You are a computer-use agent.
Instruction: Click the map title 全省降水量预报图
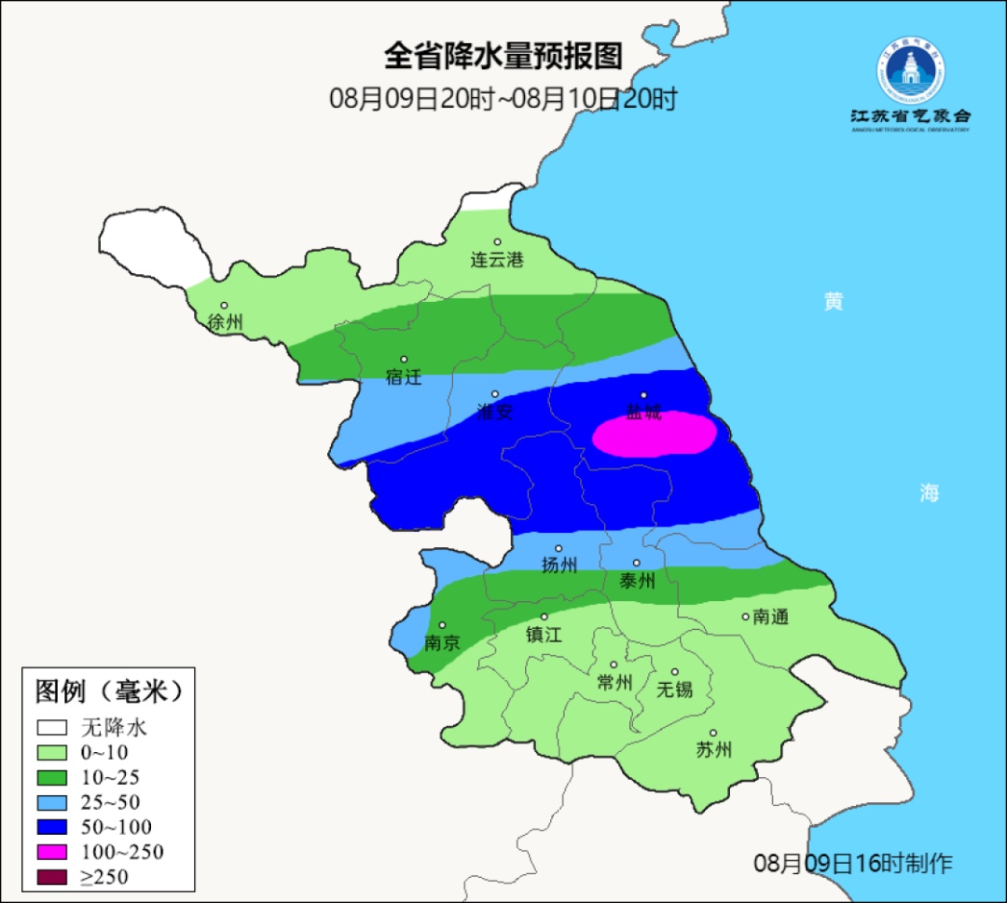coord(503,56)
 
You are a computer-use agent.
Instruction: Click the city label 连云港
coord(497,260)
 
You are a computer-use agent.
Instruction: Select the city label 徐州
coord(226,322)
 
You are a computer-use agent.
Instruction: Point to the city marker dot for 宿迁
coord(404,360)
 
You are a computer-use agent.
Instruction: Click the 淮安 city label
coord(494,411)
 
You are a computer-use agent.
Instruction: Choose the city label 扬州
coord(559,565)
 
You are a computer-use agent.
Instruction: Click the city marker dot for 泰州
coord(637,563)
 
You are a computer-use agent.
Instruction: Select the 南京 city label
coord(442,643)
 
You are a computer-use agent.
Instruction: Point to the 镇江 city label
coord(544,635)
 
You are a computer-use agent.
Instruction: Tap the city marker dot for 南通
coord(745,616)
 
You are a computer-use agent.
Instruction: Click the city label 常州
coord(614,683)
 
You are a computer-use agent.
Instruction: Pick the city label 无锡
coord(675,690)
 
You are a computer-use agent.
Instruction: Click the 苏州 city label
coord(714,750)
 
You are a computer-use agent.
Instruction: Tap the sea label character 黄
coord(833,302)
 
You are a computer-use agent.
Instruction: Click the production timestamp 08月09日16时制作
coord(853,863)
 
